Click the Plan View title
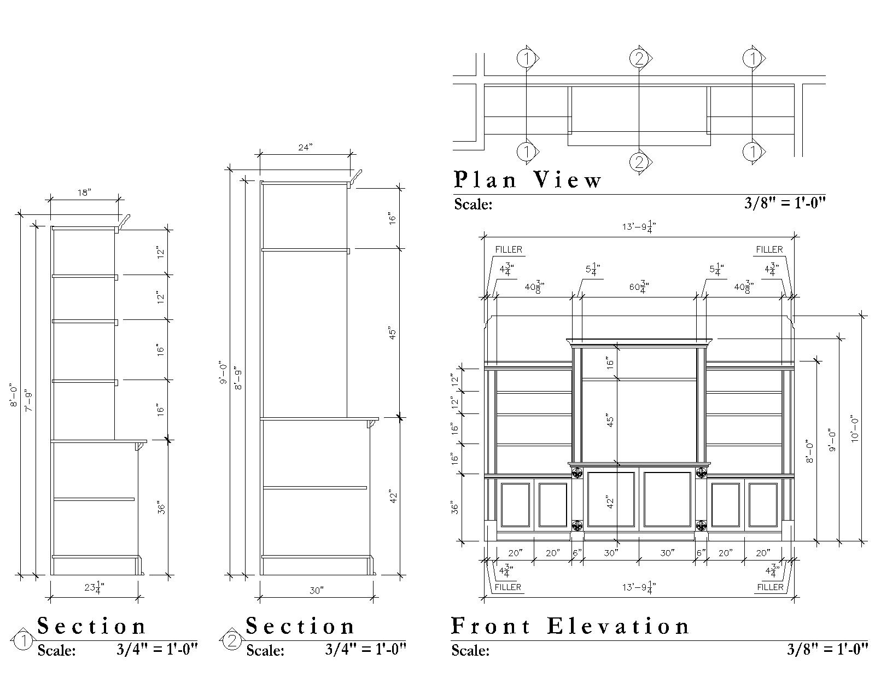click(527, 179)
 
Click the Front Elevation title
click(570, 626)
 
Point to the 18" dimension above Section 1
click(84, 192)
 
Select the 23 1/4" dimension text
click(94, 588)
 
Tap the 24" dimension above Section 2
click(305, 147)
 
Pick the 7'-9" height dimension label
click(29, 401)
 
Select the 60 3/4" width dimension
click(639, 287)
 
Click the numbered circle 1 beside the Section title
click(23, 641)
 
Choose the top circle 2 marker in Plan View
click(639, 59)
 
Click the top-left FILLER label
click(509, 249)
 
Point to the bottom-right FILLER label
click(770, 587)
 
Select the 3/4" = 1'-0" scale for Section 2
click(365, 649)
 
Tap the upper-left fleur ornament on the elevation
click(577, 472)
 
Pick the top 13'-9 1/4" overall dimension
click(639, 226)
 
